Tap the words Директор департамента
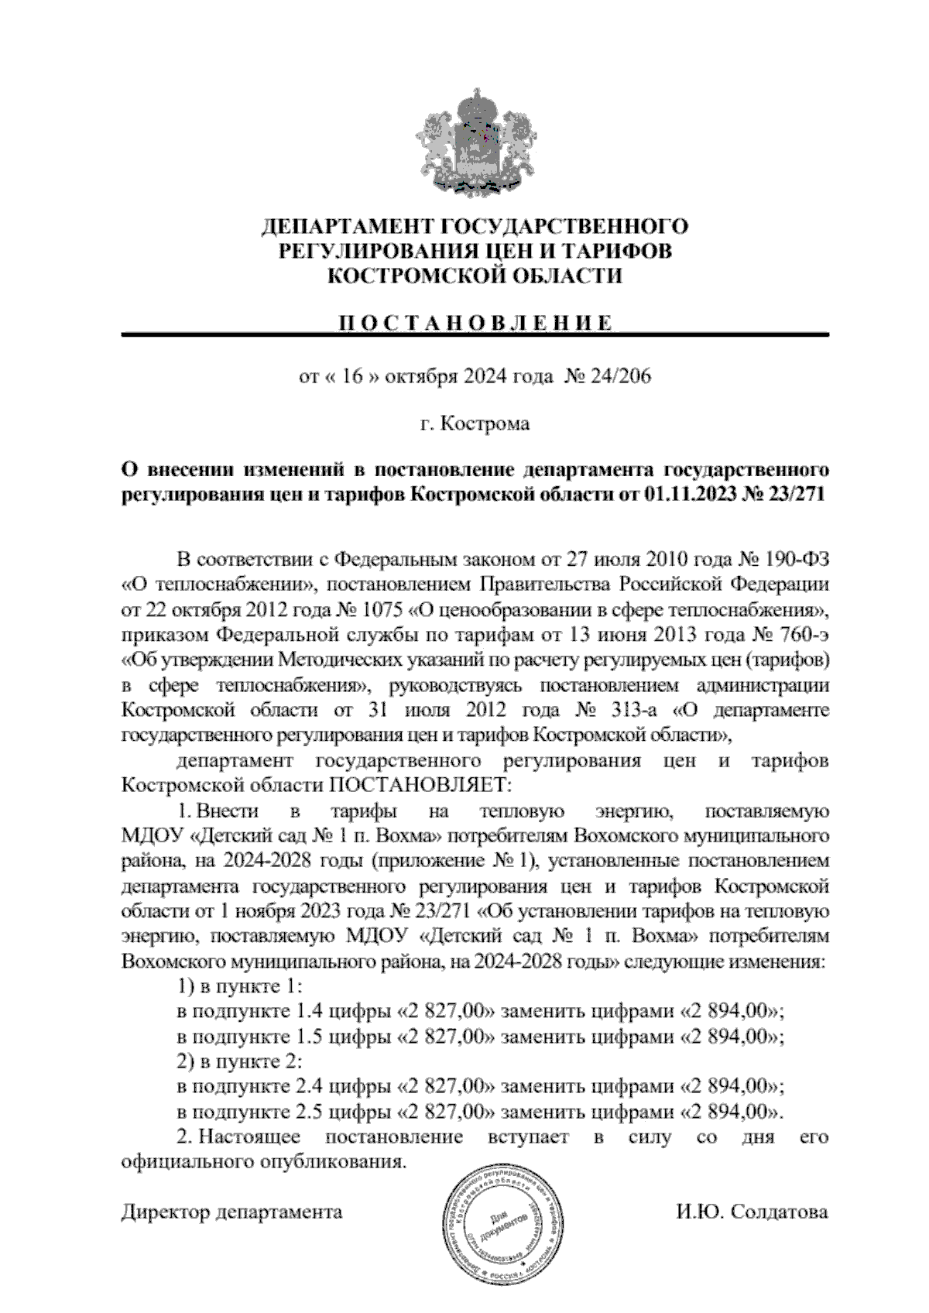click(x=231, y=1212)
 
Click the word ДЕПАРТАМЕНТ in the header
click(x=348, y=227)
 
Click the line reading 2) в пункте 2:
click(x=238, y=1061)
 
